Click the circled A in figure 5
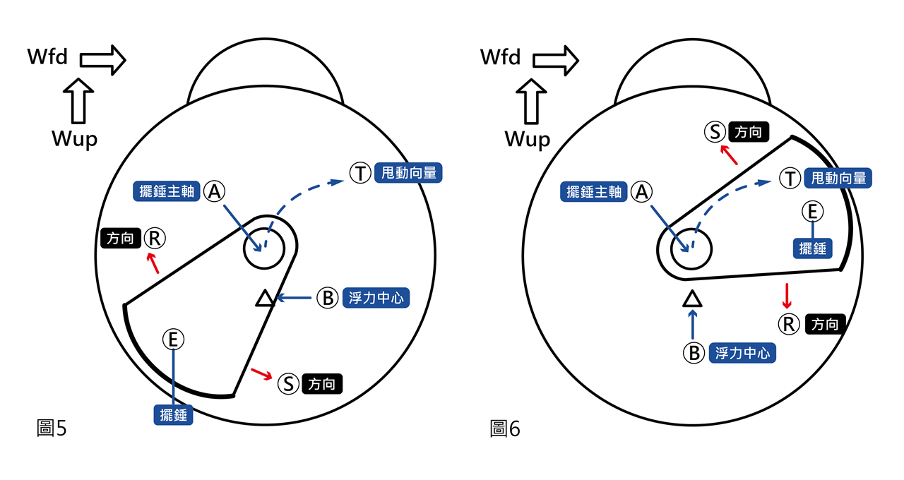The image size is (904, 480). [215, 191]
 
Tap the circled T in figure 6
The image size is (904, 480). [790, 179]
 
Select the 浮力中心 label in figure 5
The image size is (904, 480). [376, 299]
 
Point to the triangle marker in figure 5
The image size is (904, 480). [264, 299]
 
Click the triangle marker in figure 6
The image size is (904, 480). [692, 299]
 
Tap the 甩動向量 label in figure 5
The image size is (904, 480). [409, 173]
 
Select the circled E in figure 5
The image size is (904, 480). [173, 340]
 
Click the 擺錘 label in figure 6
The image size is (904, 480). [813, 248]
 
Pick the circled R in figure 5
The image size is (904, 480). [155, 239]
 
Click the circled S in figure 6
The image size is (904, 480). [715, 131]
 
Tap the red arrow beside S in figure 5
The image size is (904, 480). [261, 374]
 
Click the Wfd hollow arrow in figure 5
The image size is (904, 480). [102, 59]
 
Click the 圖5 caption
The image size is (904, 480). [51, 427]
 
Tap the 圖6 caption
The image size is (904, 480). [504, 428]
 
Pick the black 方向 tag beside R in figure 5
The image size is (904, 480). [119, 239]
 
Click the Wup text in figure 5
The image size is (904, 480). [74, 139]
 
